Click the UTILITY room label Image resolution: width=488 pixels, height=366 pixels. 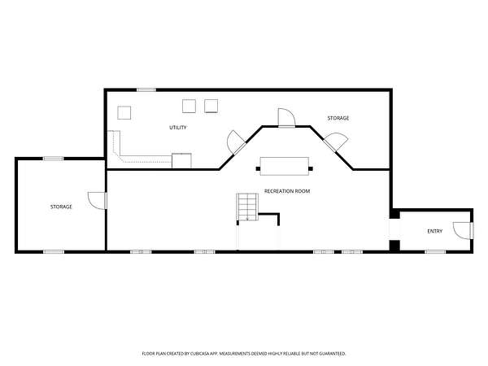(177, 128)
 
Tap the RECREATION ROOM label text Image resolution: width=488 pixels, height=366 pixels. (287, 191)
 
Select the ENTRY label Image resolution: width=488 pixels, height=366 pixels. (435, 231)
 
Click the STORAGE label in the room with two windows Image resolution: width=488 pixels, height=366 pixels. (61, 207)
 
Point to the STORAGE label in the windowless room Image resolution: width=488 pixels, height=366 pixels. (338, 118)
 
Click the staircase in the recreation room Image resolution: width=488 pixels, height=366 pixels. (247, 207)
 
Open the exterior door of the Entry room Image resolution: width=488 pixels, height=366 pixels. (464, 231)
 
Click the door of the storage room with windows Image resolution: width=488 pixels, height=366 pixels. (98, 201)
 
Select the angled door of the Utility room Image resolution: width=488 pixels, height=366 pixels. (236, 142)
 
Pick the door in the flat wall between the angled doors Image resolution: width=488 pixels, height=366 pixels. (286, 118)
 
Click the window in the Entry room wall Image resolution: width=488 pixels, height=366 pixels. (435, 251)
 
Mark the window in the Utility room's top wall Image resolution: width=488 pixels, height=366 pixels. (146, 90)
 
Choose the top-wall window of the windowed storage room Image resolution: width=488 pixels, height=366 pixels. (53, 159)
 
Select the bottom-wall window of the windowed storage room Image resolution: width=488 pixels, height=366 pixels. (54, 251)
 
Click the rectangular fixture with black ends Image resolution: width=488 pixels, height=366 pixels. (285, 166)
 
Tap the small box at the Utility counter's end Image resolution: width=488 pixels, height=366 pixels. (181, 160)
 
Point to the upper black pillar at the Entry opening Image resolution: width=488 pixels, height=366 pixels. (395, 214)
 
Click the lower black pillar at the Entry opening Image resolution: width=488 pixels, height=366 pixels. (395, 246)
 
